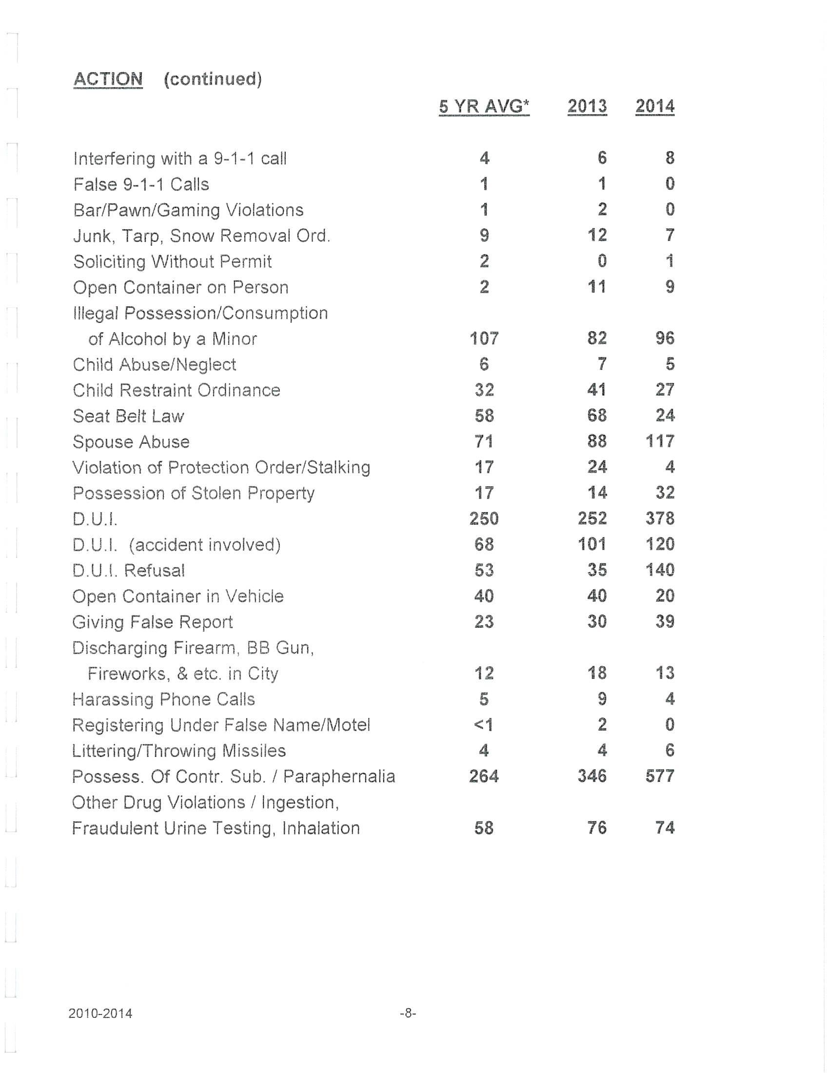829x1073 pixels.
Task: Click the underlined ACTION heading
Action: [x=108, y=79]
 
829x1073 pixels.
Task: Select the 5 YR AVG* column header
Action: [x=484, y=106]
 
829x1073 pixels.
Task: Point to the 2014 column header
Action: [x=654, y=106]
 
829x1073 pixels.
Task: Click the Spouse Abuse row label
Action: [x=131, y=442]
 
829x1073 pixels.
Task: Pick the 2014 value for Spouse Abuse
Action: [x=660, y=441]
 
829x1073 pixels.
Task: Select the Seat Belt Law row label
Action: [x=128, y=416]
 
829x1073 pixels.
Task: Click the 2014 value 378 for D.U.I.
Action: [x=660, y=518]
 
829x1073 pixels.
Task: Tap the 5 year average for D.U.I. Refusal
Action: [x=484, y=570]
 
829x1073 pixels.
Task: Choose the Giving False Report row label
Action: [x=152, y=622]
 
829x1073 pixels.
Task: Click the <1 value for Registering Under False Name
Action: [x=483, y=725]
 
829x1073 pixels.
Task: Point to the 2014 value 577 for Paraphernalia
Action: [x=660, y=776]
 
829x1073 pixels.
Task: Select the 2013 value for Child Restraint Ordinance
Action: [x=597, y=390]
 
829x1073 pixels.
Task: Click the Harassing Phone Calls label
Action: [x=163, y=699]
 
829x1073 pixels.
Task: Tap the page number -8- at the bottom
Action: [x=408, y=1013]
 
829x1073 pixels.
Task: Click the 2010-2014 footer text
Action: [x=100, y=1013]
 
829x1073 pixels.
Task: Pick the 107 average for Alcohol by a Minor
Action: [x=484, y=338]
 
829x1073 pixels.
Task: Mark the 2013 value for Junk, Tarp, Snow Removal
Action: [x=597, y=236]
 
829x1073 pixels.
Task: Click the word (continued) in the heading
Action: [x=213, y=79]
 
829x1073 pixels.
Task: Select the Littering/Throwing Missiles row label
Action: [x=179, y=751]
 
